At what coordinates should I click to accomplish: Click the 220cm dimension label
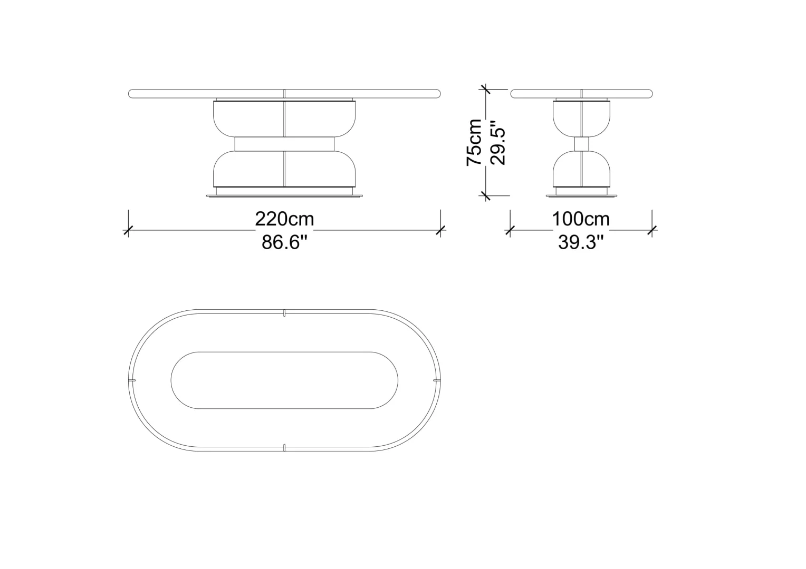284,219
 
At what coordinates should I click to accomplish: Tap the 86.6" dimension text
284,242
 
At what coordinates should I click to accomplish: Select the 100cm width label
581,219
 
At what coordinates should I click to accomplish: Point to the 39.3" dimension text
581,242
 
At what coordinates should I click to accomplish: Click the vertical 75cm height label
474,142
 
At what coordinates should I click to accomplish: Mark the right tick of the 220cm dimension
440,230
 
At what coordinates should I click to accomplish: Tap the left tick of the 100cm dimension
510,230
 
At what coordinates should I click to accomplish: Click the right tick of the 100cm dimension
652,230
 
